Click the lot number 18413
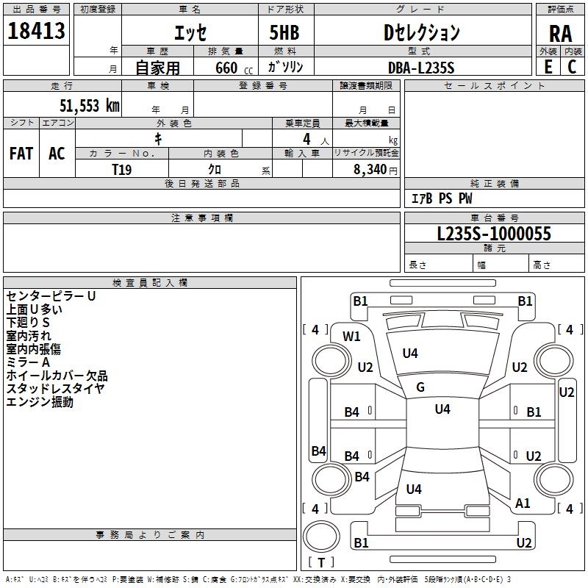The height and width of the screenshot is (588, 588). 36,30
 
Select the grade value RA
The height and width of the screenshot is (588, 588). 560,34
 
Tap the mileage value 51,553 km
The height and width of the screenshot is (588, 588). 90,106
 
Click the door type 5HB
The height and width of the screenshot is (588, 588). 284,32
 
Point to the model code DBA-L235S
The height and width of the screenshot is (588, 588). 421,68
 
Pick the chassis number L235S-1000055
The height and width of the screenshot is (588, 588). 494,234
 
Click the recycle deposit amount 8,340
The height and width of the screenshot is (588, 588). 370,170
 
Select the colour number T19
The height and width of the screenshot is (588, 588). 122,170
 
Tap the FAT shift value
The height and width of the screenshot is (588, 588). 21,154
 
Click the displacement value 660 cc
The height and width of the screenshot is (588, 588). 234,68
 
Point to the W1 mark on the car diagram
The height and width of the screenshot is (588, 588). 351,337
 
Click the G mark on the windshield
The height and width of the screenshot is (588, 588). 420,387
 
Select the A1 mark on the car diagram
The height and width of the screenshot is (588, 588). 523,503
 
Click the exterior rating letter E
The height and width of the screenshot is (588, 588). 548,67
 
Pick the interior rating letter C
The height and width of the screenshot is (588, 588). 572,67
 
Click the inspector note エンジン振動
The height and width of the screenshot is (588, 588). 40,402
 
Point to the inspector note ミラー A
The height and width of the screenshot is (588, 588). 28,362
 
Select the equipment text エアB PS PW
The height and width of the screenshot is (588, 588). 442,198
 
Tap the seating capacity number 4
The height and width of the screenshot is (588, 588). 306,139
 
